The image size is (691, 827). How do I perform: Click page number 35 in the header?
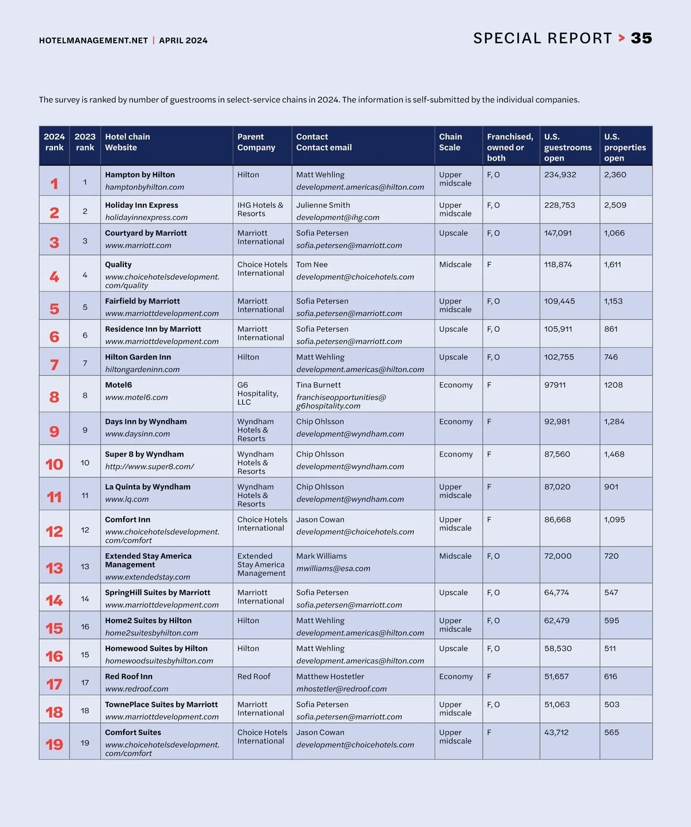pyautogui.click(x=641, y=39)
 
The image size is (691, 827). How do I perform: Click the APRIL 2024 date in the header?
pyautogui.click(x=183, y=40)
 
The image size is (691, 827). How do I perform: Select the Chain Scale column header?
pyautogui.click(x=450, y=142)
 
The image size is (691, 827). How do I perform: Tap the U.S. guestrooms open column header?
pyautogui.click(x=568, y=147)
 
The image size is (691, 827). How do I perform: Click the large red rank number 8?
pyautogui.click(x=54, y=397)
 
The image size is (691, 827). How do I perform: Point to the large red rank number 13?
pyautogui.click(x=54, y=568)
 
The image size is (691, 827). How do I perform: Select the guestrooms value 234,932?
pyautogui.click(x=560, y=174)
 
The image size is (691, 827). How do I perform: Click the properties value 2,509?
pyautogui.click(x=615, y=205)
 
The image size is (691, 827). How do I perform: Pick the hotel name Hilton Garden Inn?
pyautogui.click(x=138, y=357)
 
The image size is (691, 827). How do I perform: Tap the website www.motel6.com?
pyautogui.click(x=136, y=397)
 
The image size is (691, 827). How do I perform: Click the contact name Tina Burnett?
pyautogui.click(x=318, y=385)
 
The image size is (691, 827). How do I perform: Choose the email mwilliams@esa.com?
pyautogui.click(x=333, y=568)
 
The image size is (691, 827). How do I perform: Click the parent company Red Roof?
pyautogui.click(x=253, y=676)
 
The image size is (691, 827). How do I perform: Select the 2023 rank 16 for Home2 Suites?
pyautogui.click(x=85, y=627)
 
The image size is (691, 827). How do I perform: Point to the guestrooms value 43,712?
pyautogui.click(x=556, y=733)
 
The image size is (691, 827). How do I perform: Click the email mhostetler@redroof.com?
pyautogui.click(x=341, y=689)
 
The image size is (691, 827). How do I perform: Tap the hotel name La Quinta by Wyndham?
pyautogui.click(x=147, y=487)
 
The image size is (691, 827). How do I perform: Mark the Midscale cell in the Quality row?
pyautogui.click(x=455, y=264)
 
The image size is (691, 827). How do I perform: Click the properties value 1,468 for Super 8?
pyautogui.click(x=614, y=454)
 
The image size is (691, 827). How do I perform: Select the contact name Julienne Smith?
pyautogui.click(x=323, y=205)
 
